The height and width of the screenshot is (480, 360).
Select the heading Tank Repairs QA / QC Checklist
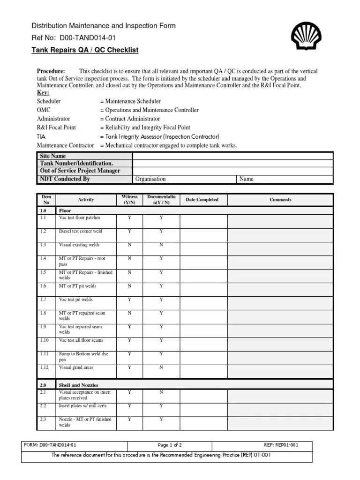click(x=85, y=50)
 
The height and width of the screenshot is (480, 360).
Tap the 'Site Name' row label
click(x=53, y=156)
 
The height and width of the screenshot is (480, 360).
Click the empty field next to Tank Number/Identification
click(x=232, y=164)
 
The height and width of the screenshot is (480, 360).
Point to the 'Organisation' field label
click(x=150, y=179)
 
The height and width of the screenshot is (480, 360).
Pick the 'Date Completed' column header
click(x=202, y=200)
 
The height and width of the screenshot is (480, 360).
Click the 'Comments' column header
click(x=280, y=200)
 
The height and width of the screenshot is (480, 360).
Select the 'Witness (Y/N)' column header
click(x=129, y=200)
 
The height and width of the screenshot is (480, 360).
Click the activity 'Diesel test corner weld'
click(x=80, y=232)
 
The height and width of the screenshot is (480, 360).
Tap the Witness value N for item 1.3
click(x=129, y=245)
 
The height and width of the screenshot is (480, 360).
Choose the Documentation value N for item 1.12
click(x=161, y=368)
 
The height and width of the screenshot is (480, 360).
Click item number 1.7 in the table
click(x=44, y=300)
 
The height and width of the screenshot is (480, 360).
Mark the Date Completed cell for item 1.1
click(x=202, y=221)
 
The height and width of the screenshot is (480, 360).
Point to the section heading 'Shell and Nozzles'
click(x=78, y=385)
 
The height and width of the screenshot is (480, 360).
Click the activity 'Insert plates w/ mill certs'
click(x=83, y=405)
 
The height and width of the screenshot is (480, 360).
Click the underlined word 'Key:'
click(x=43, y=93)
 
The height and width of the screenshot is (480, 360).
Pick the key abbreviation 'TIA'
click(x=41, y=136)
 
